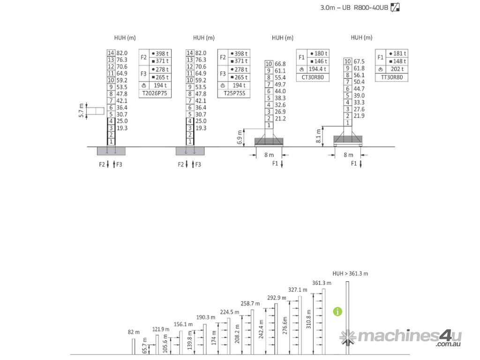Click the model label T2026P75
click(x=155, y=93)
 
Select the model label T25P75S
click(x=234, y=93)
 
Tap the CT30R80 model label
click(x=313, y=77)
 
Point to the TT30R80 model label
click(x=391, y=77)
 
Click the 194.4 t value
click(x=317, y=69)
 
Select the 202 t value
click(x=397, y=69)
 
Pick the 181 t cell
click(x=397, y=53)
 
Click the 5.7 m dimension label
click(x=81, y=111)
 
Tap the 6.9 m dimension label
click(x=240, y=137)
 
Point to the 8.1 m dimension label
click(x=319, y=136)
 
